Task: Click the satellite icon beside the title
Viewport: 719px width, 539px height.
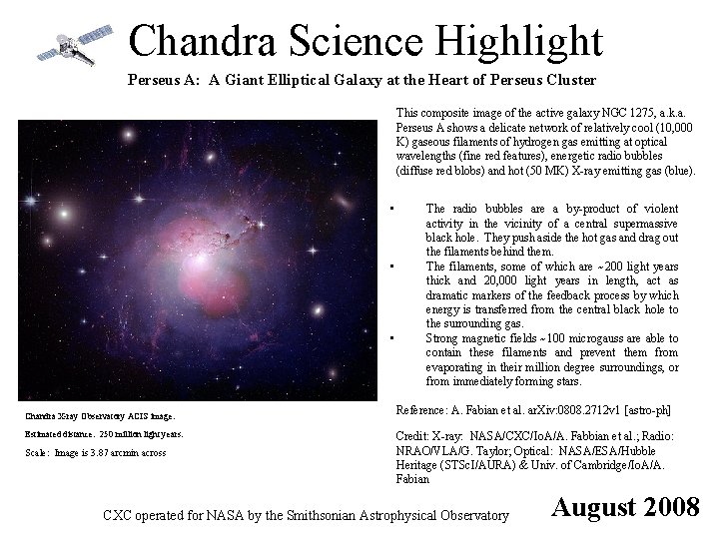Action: click(x=67, y=44)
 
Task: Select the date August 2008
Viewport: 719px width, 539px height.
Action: click(x=626, y=507)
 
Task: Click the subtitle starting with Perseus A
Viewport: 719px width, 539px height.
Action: click(x=361, y=80)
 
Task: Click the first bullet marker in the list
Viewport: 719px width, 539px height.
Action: click(x=396, y=210)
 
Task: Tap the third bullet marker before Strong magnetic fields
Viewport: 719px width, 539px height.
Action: click(x=396, y=338)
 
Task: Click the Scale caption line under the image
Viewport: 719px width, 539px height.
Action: click(x=94, y=453)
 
